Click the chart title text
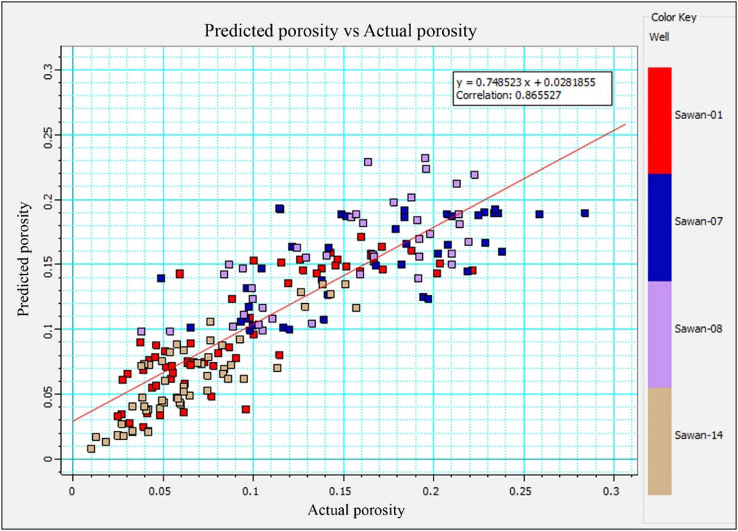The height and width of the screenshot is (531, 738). (x=341, y=31)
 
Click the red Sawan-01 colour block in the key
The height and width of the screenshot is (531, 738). (x=659, y=120)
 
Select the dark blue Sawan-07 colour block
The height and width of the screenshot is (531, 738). (x=659, y=227)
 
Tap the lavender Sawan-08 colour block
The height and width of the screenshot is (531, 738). (x=659, y=334)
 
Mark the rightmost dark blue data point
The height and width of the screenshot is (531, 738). (x=585, y=213)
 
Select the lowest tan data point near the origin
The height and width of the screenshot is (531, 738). (x=91, y=448)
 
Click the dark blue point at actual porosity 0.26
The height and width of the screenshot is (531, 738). (x=539, y=214)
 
